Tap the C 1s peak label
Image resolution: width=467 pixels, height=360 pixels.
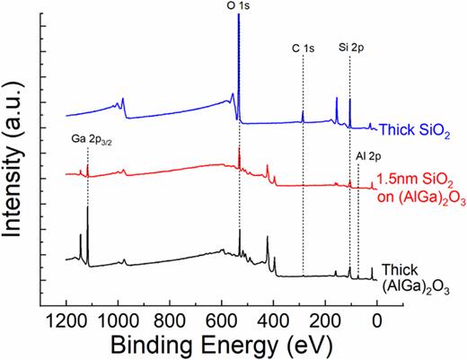[x=303, y=42]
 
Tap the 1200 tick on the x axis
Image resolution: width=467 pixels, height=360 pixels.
[x=66, y=319]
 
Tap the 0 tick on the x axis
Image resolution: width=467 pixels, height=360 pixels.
[x=376, y=319]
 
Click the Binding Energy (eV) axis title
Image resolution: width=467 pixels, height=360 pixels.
[x=221, y=344]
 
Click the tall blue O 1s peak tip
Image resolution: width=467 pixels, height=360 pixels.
[x=238, y=16]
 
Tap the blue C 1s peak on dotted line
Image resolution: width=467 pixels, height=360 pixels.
[x=304, y=113]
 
